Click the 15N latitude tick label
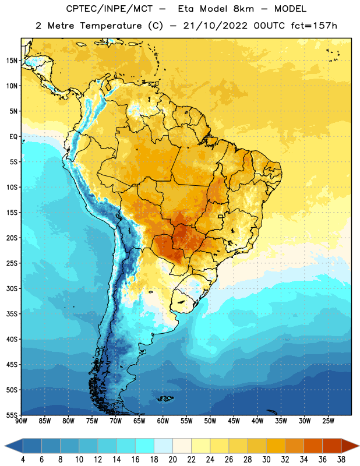(12, 61)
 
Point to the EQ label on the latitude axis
(13, 137)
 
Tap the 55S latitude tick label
(12, 415)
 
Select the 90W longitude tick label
(21, 421)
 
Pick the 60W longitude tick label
(163, 421)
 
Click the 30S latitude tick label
(12, 288)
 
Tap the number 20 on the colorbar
(172, 460)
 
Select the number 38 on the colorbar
(341, 460)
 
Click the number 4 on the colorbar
(23, 460)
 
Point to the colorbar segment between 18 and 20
(164, 446)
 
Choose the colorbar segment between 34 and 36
(313, 446)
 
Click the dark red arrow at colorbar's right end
(349, 446)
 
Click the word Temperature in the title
(111, 26)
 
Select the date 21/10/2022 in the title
(215, 26)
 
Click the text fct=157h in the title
(314, 26)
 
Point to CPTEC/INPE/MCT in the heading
(109, 9)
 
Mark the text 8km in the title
(243, 9)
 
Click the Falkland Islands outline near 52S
(165, 398)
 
